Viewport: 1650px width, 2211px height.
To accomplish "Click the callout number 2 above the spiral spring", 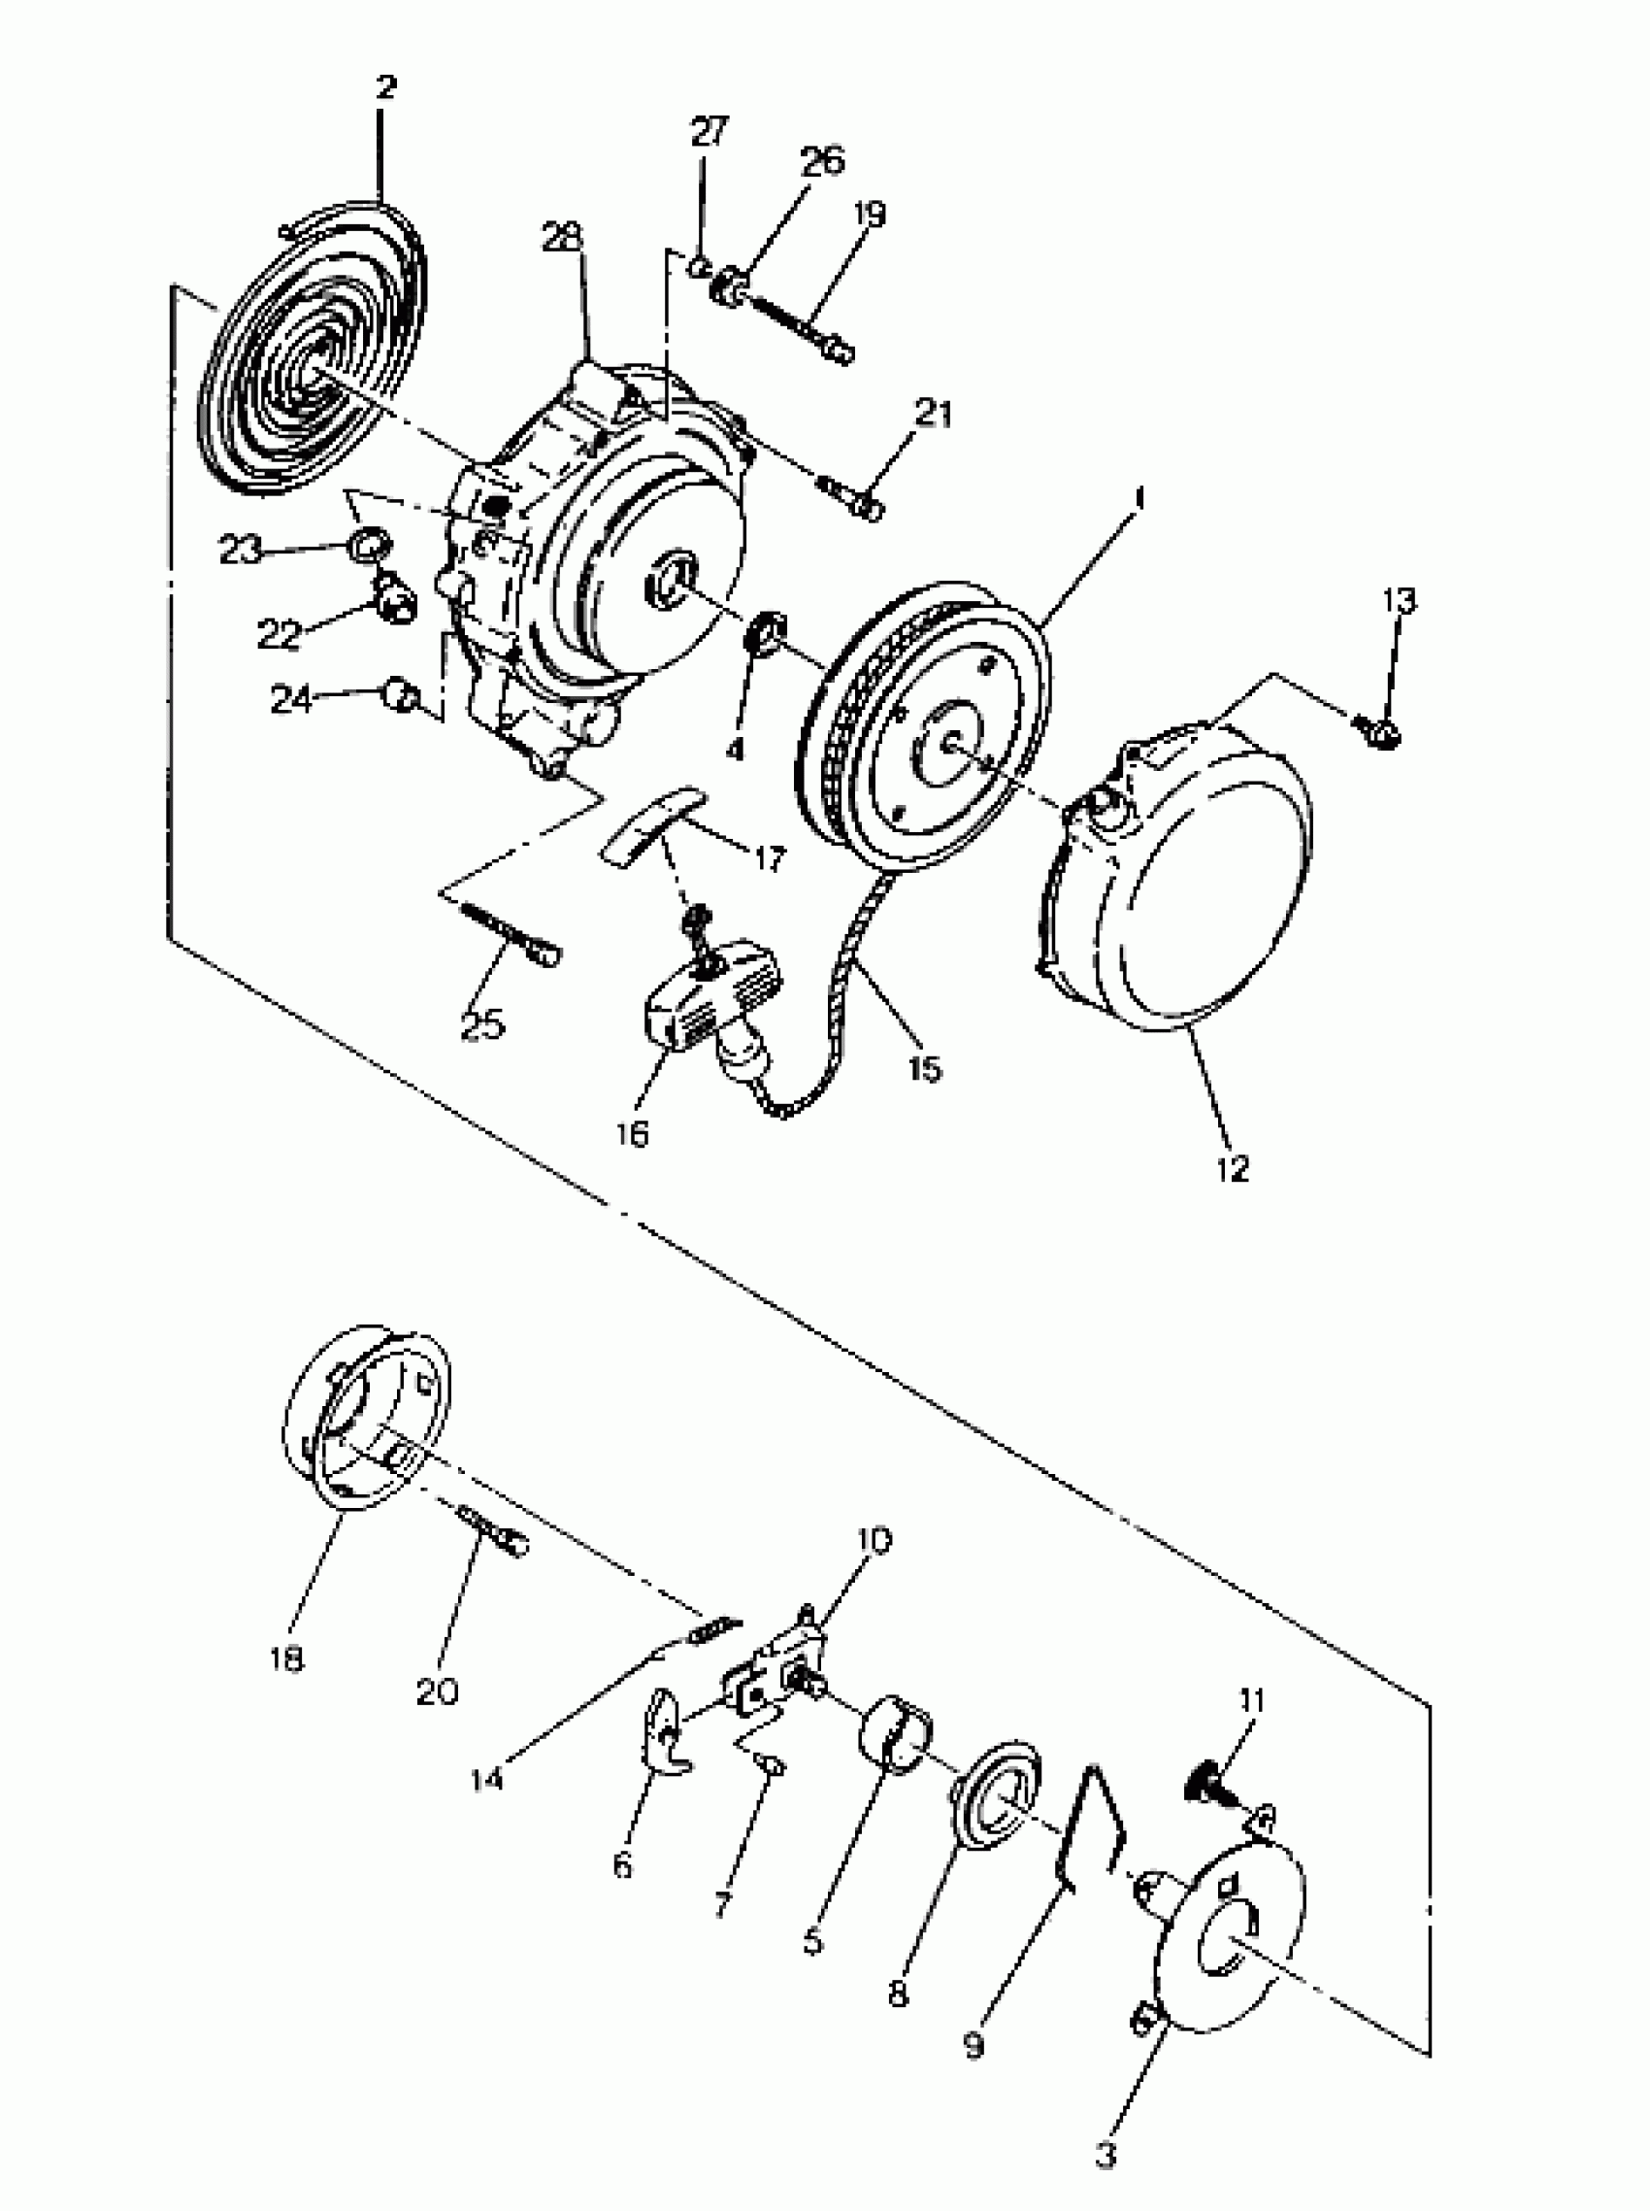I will coord(385,87).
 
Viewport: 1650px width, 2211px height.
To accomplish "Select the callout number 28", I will coord(563,237).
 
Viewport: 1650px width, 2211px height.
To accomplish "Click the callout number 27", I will coord(709,132).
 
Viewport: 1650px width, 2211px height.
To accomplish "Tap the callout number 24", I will coord(291,699).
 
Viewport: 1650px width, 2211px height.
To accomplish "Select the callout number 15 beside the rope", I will coord(925,1068).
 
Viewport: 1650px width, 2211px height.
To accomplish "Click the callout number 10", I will coord(873,1540).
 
